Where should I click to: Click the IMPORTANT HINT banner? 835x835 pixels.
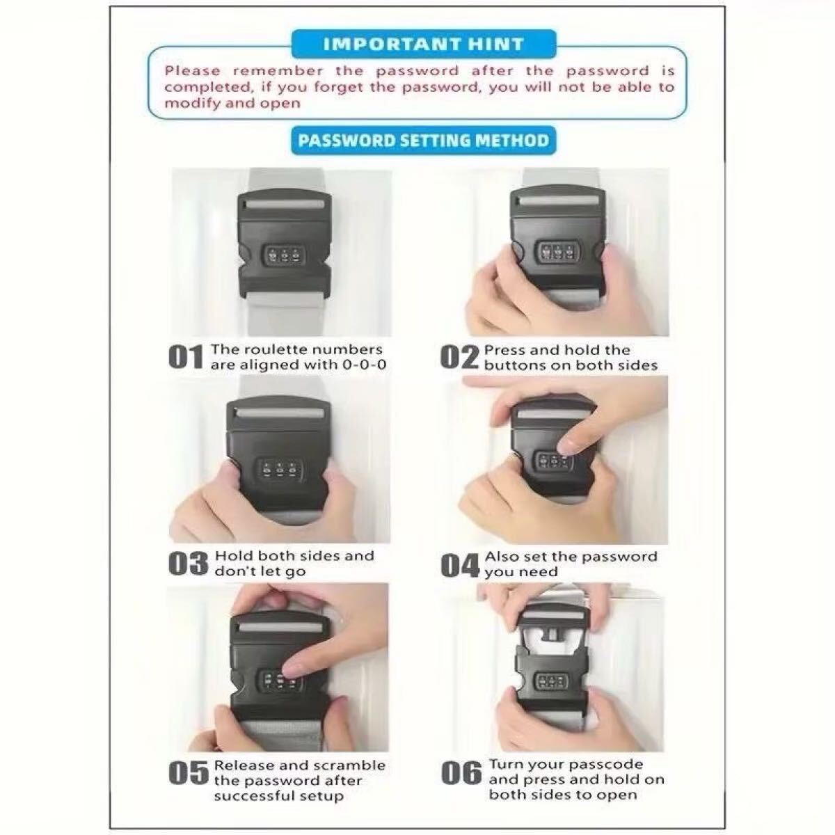tap(423, 45)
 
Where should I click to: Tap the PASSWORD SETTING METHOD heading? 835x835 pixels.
tap(423, 141)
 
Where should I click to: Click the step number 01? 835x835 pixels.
tap(186, 358)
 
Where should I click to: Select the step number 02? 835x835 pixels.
tap(459, 358)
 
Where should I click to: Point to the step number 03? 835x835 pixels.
tap(188, 564)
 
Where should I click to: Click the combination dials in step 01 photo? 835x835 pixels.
tap(283, 256)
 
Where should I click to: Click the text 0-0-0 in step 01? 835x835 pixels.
tap(364, 365)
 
